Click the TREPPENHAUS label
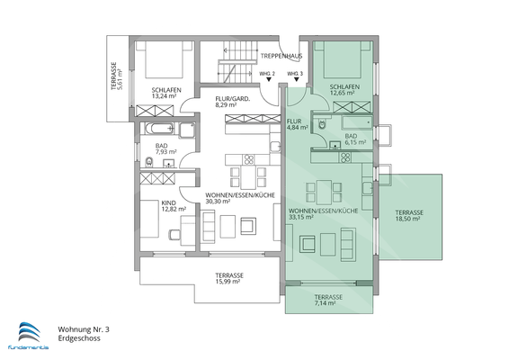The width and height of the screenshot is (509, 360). (281, 56)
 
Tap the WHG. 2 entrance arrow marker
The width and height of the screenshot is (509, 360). (269, 79)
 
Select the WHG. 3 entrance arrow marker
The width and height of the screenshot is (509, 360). (296, 79)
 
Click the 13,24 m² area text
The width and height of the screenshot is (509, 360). (164, 96)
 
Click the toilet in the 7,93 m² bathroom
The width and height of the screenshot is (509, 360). (149, 161)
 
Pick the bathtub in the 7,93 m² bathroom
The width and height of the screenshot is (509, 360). (159, 128)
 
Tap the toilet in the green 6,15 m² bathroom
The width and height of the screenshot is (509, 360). (322, 124)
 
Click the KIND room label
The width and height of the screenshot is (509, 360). (168, 203)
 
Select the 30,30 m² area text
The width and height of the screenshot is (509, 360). (218, 202)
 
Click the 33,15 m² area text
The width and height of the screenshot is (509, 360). (301, 217)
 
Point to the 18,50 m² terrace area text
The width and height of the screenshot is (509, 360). (407, 219)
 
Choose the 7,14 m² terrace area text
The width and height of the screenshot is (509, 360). (325, 303)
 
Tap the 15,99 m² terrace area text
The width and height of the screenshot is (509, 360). (228, 282)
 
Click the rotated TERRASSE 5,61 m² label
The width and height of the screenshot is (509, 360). (117, 76)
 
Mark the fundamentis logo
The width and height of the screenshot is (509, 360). (28, 336)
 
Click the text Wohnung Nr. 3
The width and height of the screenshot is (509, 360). (84, 329)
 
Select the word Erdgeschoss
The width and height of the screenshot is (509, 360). (79, 338)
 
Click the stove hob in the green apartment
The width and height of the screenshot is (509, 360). (345, 157)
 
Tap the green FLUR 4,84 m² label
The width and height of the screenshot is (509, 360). (298, 124)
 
